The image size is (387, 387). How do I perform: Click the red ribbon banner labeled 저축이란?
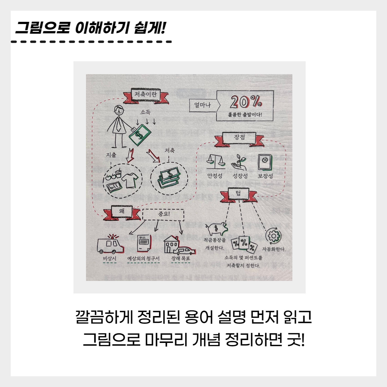point(146,95)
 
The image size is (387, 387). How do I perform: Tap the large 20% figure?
point(246,102)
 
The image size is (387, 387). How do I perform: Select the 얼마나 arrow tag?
point(204,105)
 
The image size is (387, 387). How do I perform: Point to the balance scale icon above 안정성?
point(216,161)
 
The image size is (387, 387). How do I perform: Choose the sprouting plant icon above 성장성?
point(240,163)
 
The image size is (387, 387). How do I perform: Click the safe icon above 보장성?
point(265,162)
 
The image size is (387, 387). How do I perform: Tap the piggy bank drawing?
point(217,228)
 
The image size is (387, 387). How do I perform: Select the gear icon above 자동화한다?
point(273,236)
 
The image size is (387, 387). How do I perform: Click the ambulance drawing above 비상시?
point(110,244)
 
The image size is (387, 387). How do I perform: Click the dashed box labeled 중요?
point(163,215)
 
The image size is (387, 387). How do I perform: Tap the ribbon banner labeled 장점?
point(239,138)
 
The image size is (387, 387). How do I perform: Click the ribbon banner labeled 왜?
point(122,212)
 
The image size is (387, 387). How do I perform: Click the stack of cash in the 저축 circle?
point(169,177)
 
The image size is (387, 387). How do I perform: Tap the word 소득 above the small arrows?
point(145,112)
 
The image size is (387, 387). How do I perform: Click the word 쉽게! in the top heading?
point(149,28)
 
